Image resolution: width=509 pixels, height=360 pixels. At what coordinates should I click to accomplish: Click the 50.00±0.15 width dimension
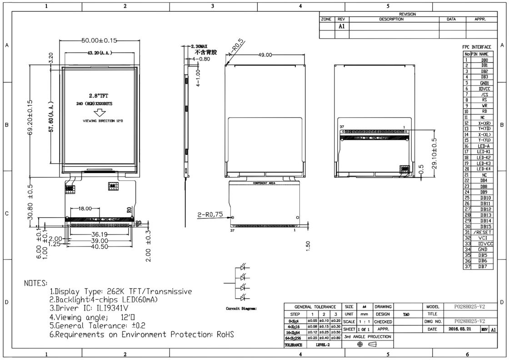[x=99, y=40]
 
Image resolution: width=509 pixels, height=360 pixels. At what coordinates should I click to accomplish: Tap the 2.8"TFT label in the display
[x=99, y=95]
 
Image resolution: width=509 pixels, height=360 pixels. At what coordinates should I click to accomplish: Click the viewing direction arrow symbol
[x=99, y=113]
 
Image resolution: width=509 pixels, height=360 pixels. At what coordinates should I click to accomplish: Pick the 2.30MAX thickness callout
[x=198, y=46]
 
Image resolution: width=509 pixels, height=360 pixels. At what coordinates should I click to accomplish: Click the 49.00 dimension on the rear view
[x=265, y=55]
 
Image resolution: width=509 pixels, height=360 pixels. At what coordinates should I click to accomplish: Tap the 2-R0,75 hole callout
[x=210, y=215]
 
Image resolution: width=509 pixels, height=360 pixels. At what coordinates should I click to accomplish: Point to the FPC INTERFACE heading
[x=477, y=47]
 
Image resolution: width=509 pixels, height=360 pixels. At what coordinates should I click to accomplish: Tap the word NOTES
[x=35, y=283]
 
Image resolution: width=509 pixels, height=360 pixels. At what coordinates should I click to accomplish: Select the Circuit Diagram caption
[x=241, y=309]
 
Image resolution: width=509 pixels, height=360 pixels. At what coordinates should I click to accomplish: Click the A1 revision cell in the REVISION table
[x=342, y=26]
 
